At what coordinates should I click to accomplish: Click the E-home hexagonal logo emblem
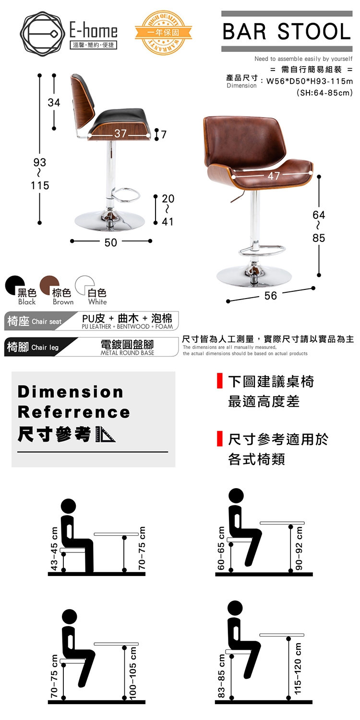click(40, 34)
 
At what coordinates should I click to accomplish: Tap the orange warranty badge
click(164, 33)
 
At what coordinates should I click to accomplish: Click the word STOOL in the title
click(314, 32)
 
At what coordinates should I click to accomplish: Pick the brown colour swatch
click(49, 285)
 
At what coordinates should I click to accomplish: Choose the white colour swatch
click(84, 285)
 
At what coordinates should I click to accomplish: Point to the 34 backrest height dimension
click(54, 103)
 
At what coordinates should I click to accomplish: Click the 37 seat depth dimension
click(120, 133)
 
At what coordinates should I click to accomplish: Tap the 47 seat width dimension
click(274, 176)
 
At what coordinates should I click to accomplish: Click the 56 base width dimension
click(271, 296)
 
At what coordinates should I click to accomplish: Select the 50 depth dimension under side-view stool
click(111, 243)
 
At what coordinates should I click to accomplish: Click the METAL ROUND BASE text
click(127, 353)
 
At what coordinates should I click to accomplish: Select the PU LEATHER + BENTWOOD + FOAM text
click(127, 326)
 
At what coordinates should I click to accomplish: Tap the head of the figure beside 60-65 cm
click(236, 495)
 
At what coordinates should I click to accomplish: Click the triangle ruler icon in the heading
click(105, 434)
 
